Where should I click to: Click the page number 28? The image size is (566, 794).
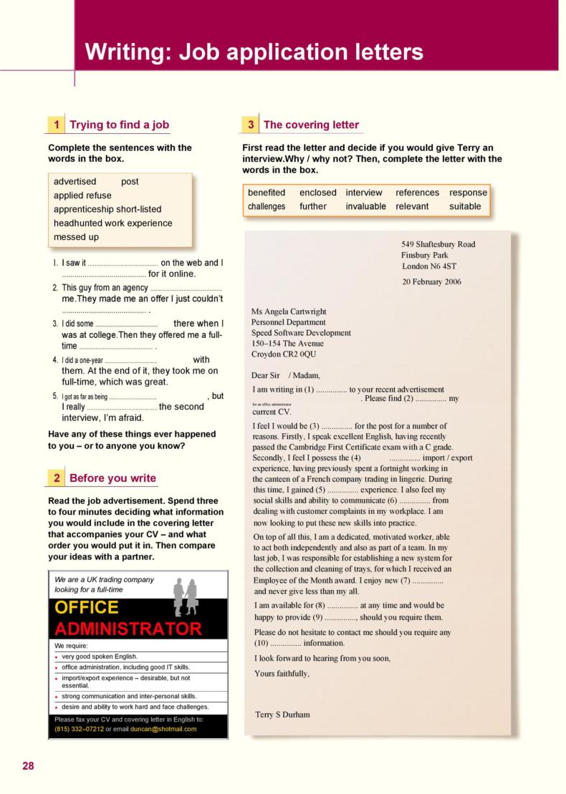pyautogui.click(x=28, y=765)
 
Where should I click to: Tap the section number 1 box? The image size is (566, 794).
pyautogui.click(x=57, y=125)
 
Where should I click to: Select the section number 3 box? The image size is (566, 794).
pyautogui.click(x=251, y=125)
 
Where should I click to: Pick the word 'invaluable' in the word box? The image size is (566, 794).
pyautogui.click(x=365, y=206)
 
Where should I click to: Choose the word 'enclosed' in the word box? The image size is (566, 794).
pyautogui.click(x=317, y=193)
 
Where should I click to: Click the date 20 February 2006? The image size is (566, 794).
pyautogui.click(x=431, y=281)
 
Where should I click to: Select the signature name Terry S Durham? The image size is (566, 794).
pyautogui.click(x=282, y=715)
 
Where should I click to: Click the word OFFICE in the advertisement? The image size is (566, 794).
pyautogui.click(x=87, y=607)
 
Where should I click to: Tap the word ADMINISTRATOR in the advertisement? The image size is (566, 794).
pyautogui.click(x=128, y=629)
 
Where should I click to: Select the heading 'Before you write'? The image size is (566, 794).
pyautogui.click(x=112, y=478)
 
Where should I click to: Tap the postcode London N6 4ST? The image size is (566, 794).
pyautogui.click(x=429, y=266)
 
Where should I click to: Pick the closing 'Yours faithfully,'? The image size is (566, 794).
pyautogui.click(x=282, y=673)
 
